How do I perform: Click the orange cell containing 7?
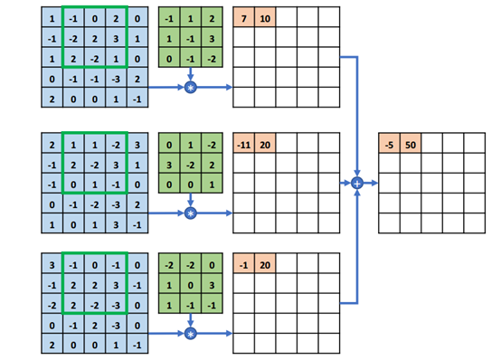243,19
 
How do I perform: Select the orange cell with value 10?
265,19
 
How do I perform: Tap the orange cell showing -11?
243,145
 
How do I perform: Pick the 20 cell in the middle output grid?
265,145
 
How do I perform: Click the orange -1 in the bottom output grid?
243,264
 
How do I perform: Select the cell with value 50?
411,145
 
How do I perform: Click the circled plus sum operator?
357,183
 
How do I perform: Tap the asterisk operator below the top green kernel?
190,88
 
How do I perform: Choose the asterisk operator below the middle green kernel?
190,213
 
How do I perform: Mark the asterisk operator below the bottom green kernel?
190,334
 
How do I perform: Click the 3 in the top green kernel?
212,40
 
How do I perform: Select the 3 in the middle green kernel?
168,166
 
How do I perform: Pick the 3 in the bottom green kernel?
212,286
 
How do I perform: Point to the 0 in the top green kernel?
168,60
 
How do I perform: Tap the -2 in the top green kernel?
212,60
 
